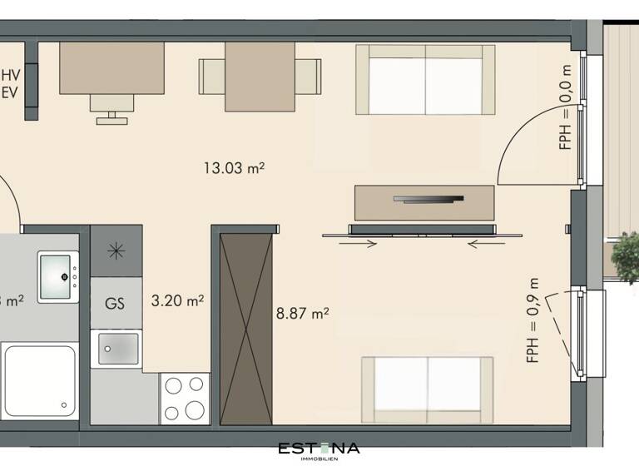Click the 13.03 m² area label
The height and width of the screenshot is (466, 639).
click(234, 168)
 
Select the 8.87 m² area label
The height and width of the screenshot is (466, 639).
click(302, 314)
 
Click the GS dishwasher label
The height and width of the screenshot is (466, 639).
click(115, 303)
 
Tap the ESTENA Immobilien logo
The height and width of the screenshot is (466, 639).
click(319, 450)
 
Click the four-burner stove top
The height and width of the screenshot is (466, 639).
click(185, 398)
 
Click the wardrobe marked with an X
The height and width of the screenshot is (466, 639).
click(246, 329)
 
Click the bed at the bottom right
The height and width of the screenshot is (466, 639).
click(427, 384)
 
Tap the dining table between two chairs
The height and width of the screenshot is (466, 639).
click(260, 77)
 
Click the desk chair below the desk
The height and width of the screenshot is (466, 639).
click(111, 107)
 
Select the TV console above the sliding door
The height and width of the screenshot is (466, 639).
click(424, 201)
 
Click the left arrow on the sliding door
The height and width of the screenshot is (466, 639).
click(359, 244)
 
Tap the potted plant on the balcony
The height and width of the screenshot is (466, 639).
click(625, 257)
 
